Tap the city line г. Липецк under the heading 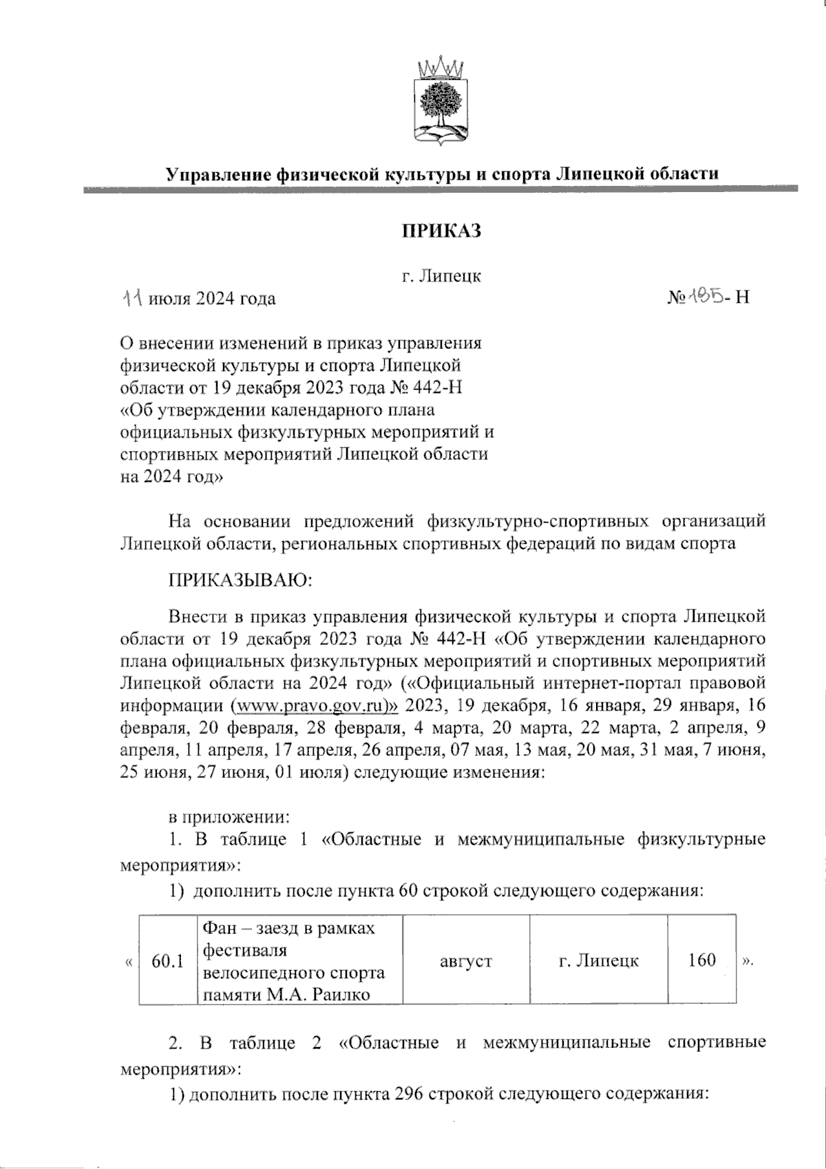click(441, 277)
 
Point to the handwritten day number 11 click(133, 298)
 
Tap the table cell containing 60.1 click(167, 960)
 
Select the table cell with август click(466, 960)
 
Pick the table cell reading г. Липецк click(598, 960)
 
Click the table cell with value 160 click(701, 960)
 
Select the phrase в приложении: click(228, 818)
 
